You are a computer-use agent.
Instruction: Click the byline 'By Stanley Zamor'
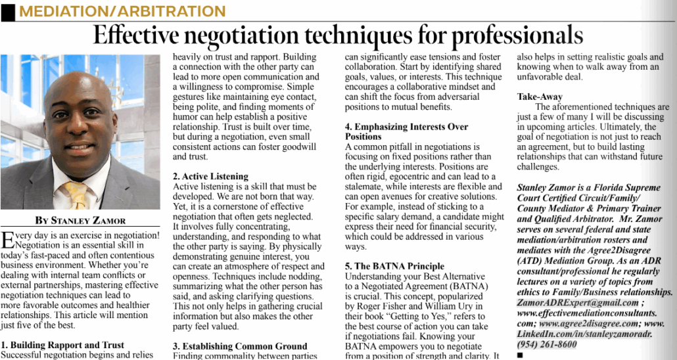[x=81, y=220]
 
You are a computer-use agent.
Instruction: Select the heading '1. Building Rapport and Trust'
[x=62, y=345]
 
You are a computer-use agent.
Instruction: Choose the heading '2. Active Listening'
[x=210, y=176]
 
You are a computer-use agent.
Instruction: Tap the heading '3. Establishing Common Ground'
[x=240, y=346]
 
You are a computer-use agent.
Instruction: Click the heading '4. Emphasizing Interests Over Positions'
[x=406, y=131]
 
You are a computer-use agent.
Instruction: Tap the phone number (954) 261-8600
[x=548, y=344]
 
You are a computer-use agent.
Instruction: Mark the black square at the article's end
[x=520, y=355]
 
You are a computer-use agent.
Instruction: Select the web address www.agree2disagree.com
[x=588, y=323]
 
